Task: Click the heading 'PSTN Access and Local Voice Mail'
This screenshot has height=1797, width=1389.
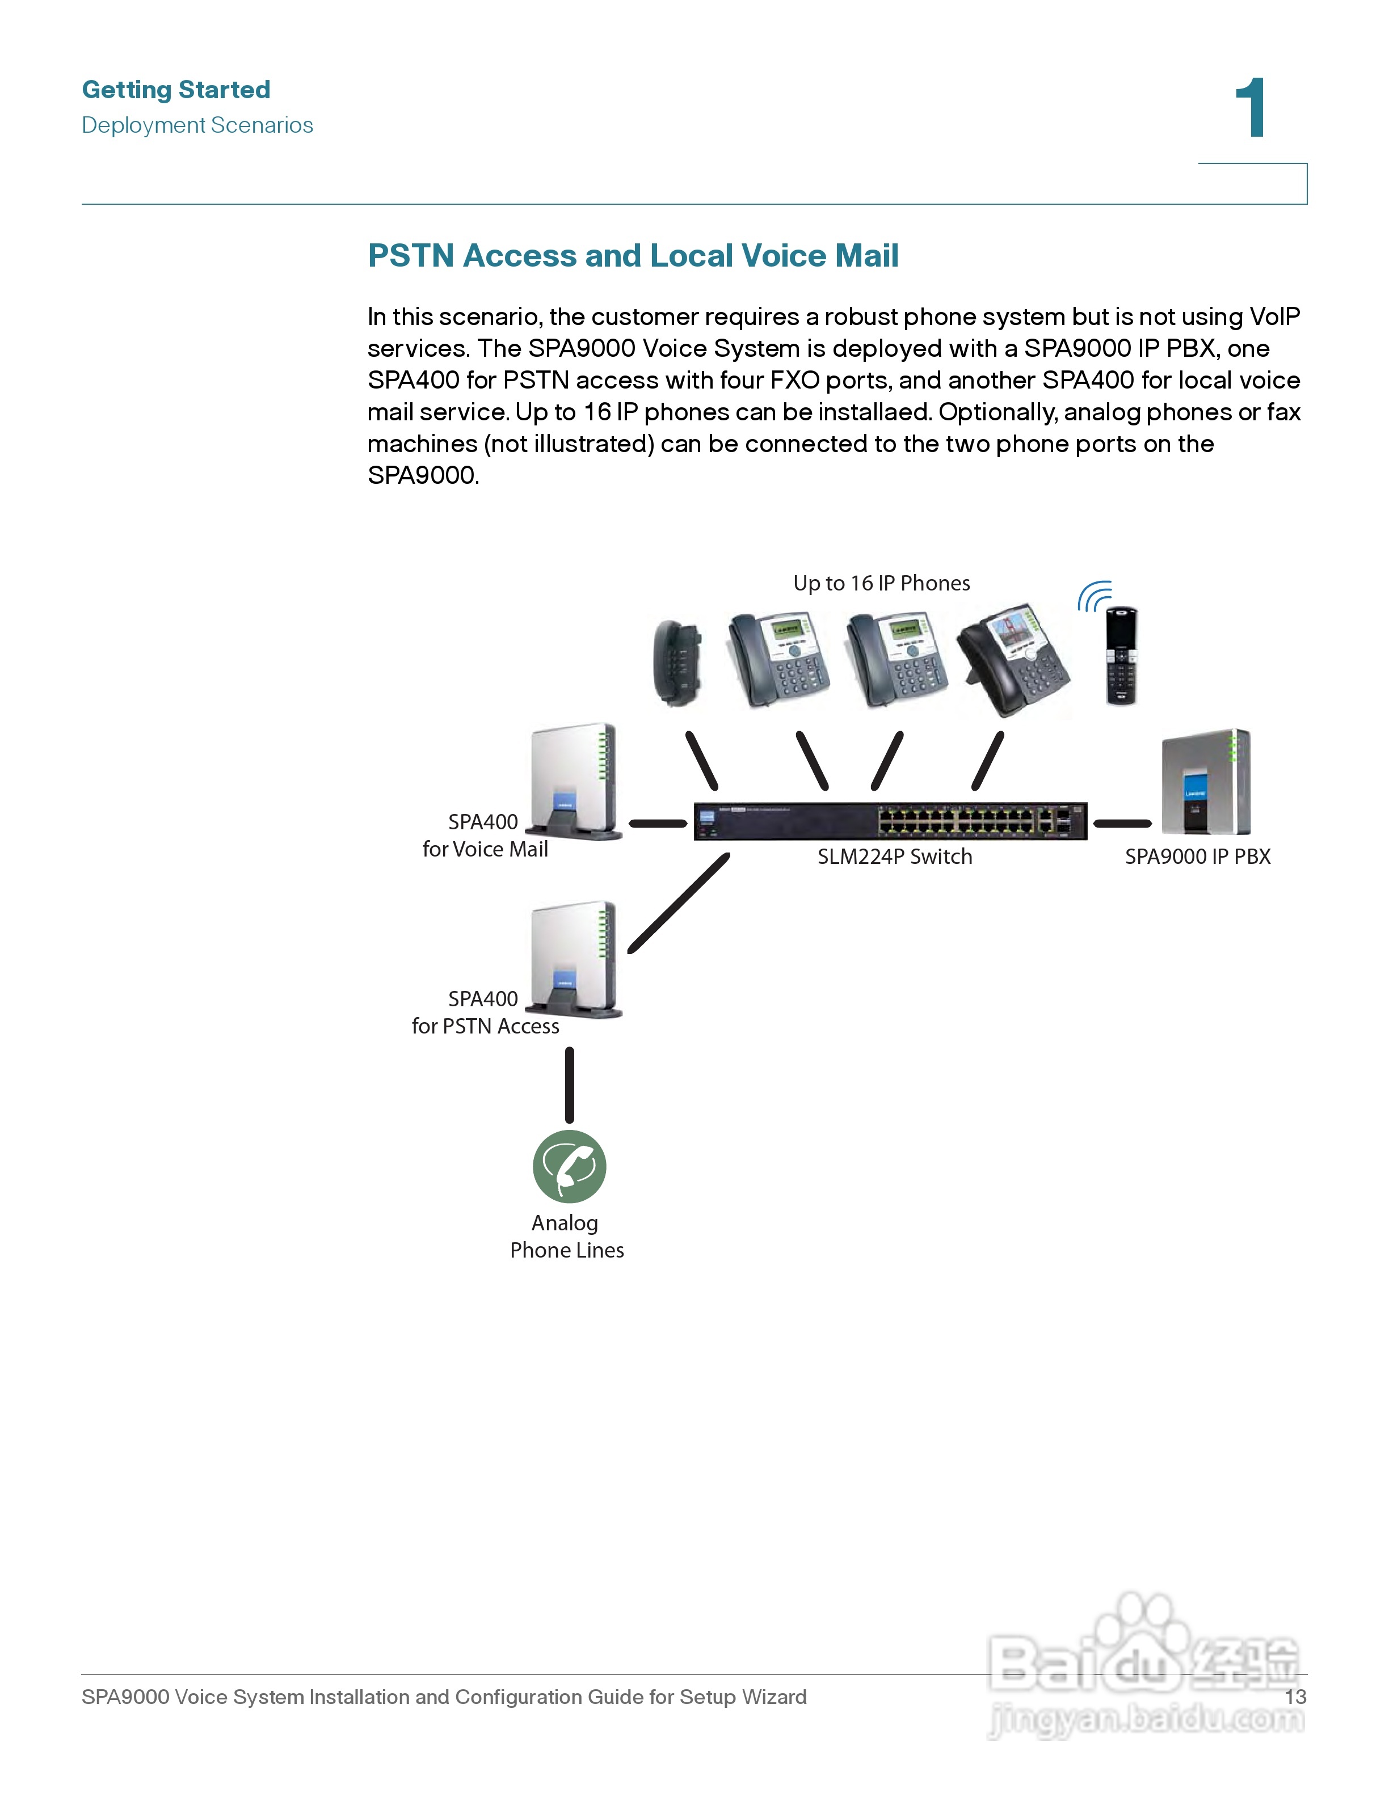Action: coord(633,256)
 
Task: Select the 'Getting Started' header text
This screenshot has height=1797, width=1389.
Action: coord(176,89)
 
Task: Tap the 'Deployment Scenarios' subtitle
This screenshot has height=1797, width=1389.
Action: coord(197,125)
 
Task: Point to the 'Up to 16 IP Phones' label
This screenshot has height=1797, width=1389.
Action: coord(881,583)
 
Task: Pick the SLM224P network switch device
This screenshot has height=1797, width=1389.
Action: coord(890,821)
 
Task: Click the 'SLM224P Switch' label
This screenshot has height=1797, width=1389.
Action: coord(894,857)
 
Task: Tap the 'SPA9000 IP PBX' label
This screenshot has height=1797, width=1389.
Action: coord(1197,857)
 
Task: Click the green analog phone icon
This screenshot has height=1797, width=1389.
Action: coord(570,1167)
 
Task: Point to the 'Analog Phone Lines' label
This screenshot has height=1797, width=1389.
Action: coord(567,1237)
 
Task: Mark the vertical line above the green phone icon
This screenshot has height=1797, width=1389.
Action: coord(570,1085)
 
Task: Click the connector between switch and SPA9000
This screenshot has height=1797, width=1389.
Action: coord(1122,823)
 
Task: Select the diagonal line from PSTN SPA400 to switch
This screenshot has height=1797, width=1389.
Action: coord(679,904)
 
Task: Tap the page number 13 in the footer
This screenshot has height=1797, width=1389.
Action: coord(1296,1697)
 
